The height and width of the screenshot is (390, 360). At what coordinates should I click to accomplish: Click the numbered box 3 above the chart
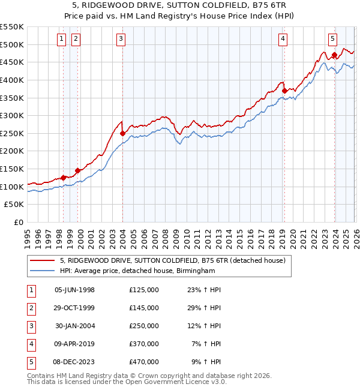pos(121,40)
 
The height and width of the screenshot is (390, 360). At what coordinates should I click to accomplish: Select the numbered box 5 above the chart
pos(332,40)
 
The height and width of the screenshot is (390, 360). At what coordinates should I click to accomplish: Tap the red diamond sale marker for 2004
pos(122,133)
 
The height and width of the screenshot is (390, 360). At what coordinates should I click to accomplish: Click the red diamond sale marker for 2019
pos(284,91)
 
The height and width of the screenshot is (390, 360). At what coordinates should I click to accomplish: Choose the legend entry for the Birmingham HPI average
pos(137,271)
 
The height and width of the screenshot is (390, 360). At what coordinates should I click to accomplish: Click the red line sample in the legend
pos(43,260)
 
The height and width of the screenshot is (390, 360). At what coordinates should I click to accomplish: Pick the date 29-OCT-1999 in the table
pos(74,308)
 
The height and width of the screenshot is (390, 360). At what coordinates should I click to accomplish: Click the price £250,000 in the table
pos(144,326)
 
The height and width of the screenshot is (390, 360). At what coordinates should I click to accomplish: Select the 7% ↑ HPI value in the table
pos(206,344)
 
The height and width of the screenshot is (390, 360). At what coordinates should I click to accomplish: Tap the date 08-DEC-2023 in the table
pos(74,362)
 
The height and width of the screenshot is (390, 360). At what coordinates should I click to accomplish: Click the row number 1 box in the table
pos(31,290)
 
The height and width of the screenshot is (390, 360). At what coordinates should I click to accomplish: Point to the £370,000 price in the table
pos(144,344)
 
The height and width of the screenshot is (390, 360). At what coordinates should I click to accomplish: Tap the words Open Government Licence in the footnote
pos(161,382)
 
